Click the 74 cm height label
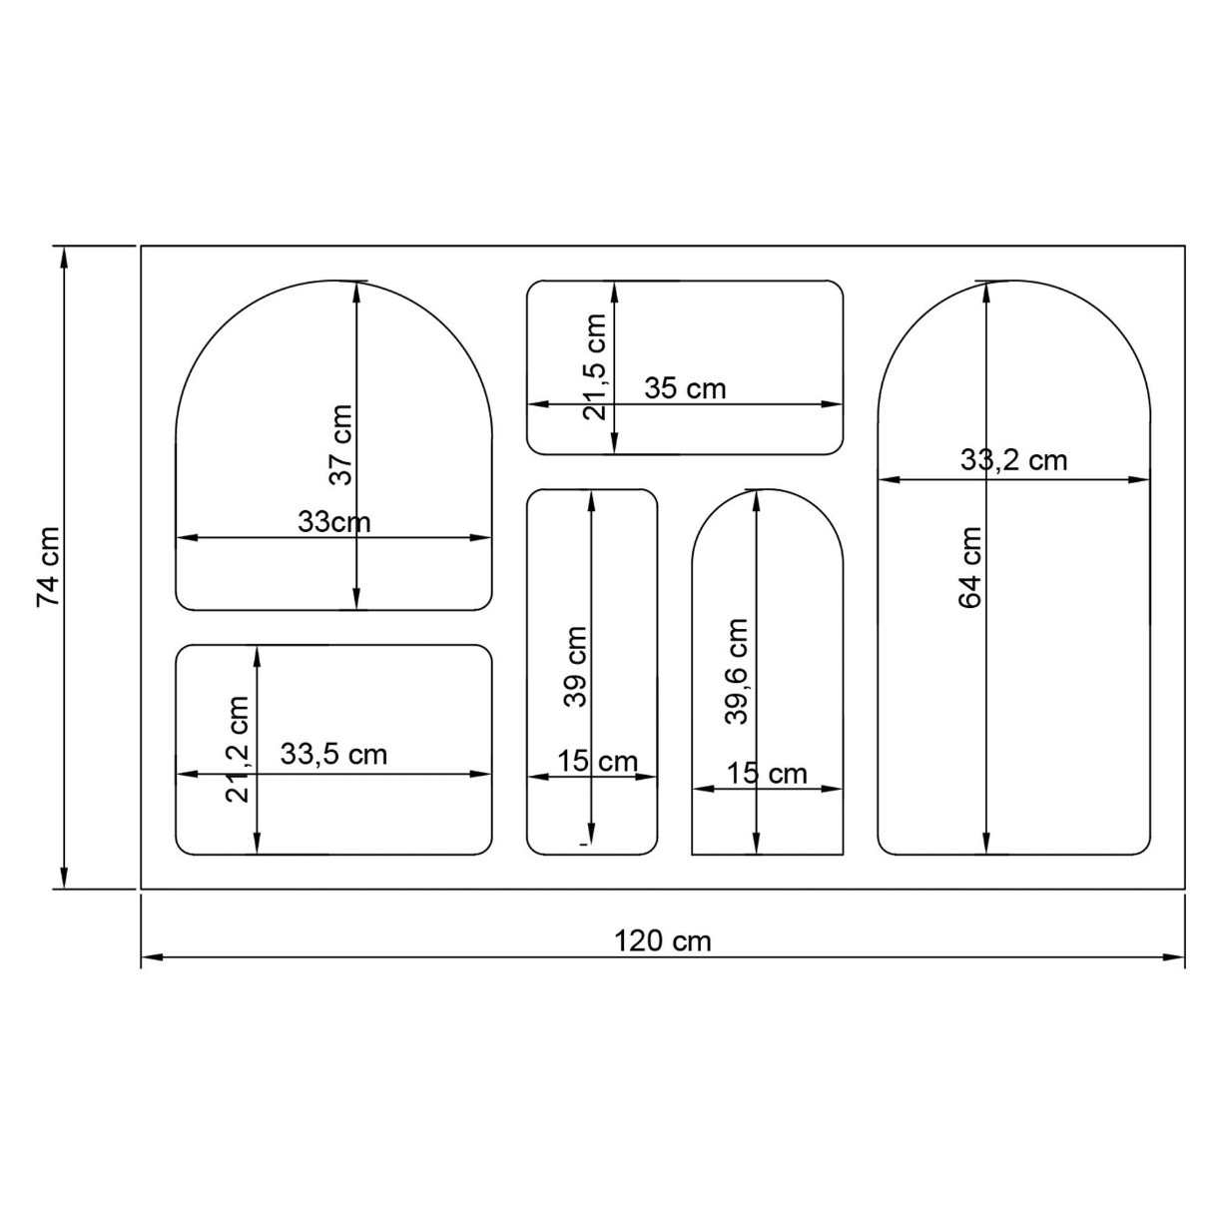pyautogui.click(x=49, y=566)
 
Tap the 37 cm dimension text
pyautogui.click(x=341, y=445)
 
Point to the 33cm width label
pyautogui.click(x=333, y=523)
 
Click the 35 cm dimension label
pyautogui.click(x=685, y=388)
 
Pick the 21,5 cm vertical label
pyautogui.click(x=595, y=367)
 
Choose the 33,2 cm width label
pyautogui.click(x=1014, y=460)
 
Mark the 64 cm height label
pyautogui.click(x=970, y=568)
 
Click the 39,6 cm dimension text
pyautogui.click(x=737, y=671)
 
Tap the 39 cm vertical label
pyautogui.click(x=575, y=667)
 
